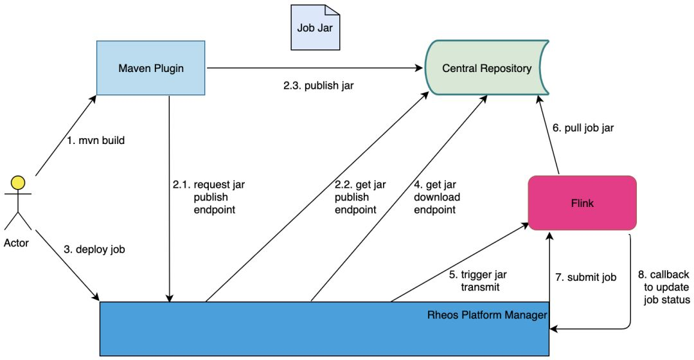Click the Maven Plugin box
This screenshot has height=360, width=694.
coord(151,67)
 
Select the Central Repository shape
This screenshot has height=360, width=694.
coord(487,67)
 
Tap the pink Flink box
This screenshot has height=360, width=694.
coord(582,203)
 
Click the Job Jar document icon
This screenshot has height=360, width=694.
coord(315,28)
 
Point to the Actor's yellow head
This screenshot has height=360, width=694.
coord(18,183)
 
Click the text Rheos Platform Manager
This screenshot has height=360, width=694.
coord(487,315)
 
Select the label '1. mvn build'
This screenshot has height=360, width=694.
coord(96,140)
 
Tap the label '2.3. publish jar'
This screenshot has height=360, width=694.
coord(319,85)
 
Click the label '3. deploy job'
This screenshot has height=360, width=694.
coord(94,249)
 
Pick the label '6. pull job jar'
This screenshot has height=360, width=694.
coord(583,128)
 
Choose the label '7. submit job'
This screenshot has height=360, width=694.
coord(586,277)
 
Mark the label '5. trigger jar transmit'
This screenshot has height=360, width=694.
coord(478,281)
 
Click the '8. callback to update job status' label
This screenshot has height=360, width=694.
coord(664,287)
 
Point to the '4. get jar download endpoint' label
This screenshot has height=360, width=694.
coord(437,197)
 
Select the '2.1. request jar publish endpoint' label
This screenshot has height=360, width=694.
coord(208,197)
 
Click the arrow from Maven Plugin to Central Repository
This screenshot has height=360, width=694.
coord(315,67)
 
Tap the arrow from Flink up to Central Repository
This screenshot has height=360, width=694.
coord(548,134)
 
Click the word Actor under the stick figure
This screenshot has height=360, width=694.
coord(16,242)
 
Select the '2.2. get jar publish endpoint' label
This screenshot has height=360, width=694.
coord(360,197)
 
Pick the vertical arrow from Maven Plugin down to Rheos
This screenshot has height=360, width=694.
coord(169,199)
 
